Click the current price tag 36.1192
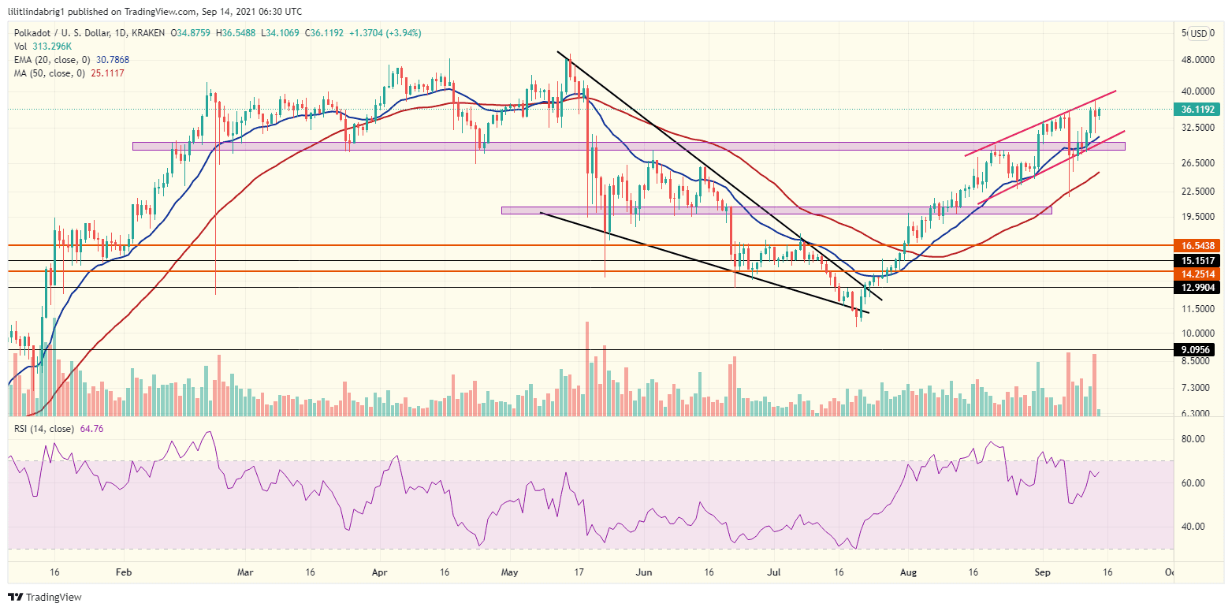[1197, 110]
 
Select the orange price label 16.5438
[1197, 246]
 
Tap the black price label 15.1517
[1197, 260]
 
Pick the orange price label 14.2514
[1197, 274]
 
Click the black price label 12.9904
[1197, 288]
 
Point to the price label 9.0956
[1197, 349]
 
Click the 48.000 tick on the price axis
[1195, 59]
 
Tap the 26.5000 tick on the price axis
[1195, 163]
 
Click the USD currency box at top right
[1198, 33]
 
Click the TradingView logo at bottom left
[45, 598]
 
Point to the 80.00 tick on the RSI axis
[1195, 439]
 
